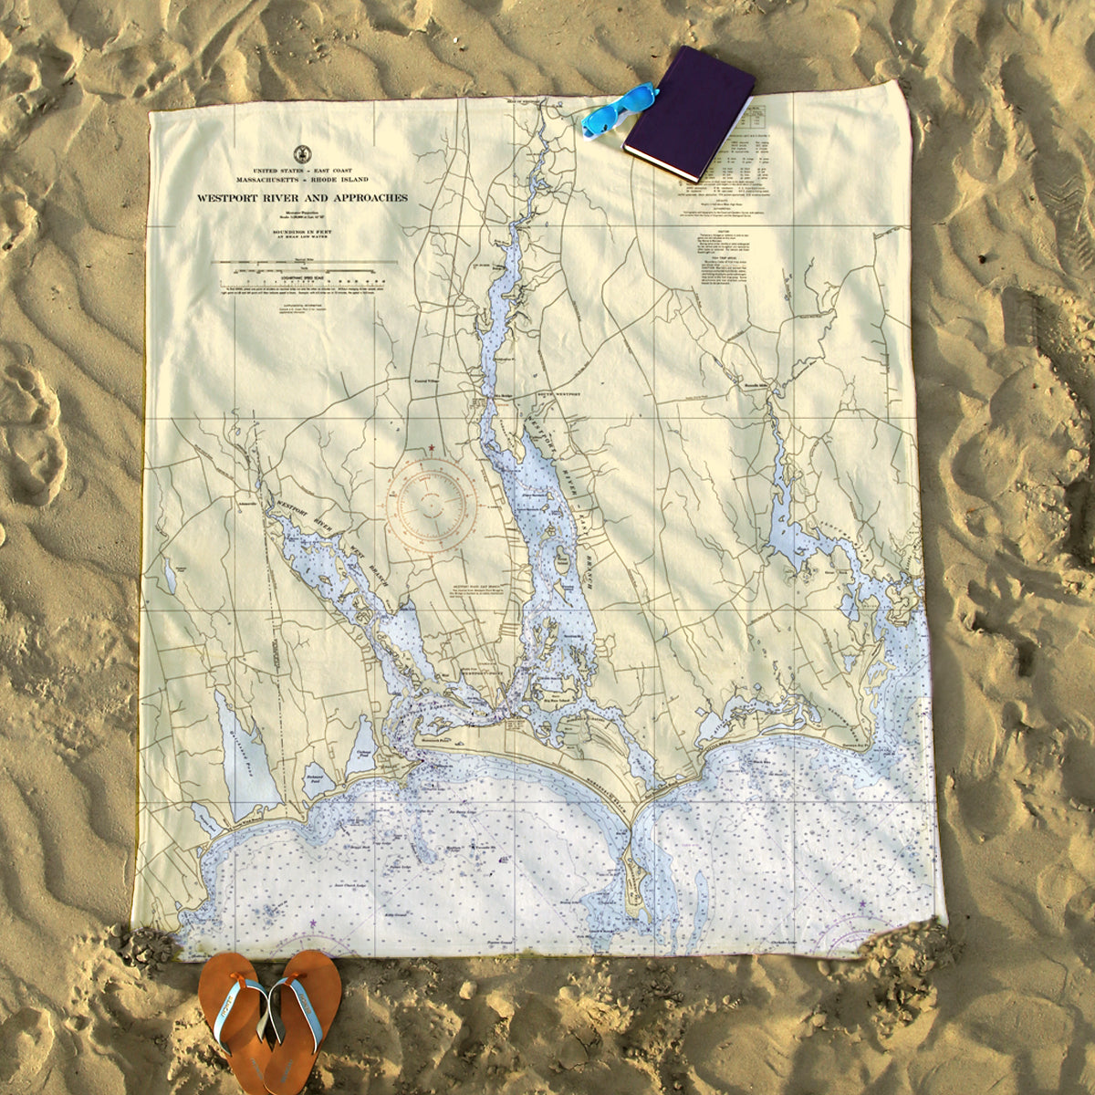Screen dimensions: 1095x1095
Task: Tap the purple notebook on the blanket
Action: tap(690, 111)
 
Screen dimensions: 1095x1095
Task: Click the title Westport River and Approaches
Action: tap(302, 198)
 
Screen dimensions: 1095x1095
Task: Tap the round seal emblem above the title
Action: tap(300, 154)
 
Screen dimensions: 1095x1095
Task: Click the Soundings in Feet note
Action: tap(301, 234)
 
